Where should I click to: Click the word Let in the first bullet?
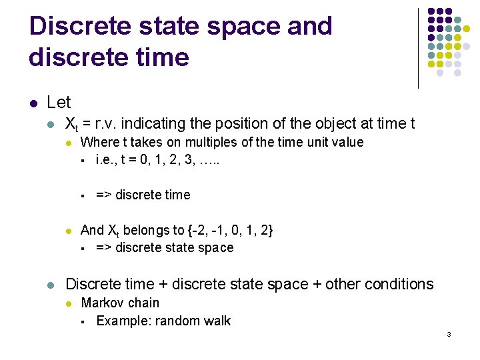click(x=59, y=103)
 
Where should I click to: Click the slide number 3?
click(x=449, y=334)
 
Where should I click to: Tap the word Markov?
click(x=102, y=303)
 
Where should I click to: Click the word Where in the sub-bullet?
click(x=99, y=142)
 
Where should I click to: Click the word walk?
click(x=216, y=321)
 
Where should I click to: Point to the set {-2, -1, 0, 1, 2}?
click(x=233, y=231)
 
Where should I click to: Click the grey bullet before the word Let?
click(x=33, y=103)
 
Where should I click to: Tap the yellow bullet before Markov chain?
click(x=69, y=304)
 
